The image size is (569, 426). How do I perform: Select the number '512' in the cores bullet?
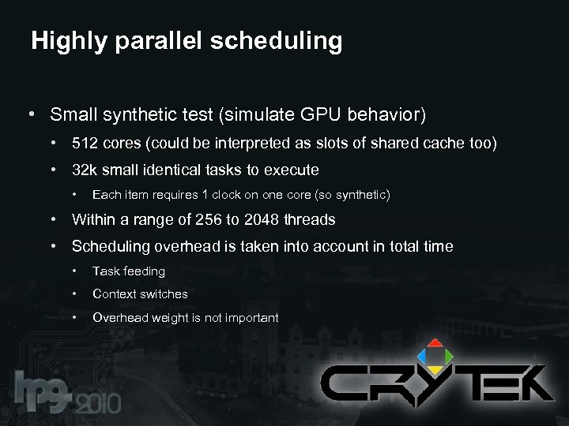tap(85, 144)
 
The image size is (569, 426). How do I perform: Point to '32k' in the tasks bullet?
tap(85, 170)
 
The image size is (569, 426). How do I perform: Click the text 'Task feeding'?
tap(129, 271)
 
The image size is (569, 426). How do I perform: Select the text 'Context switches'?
tap(140, 293)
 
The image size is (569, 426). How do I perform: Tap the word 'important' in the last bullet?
tap(249, 317)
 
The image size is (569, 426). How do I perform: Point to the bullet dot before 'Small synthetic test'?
tap(30, 115)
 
